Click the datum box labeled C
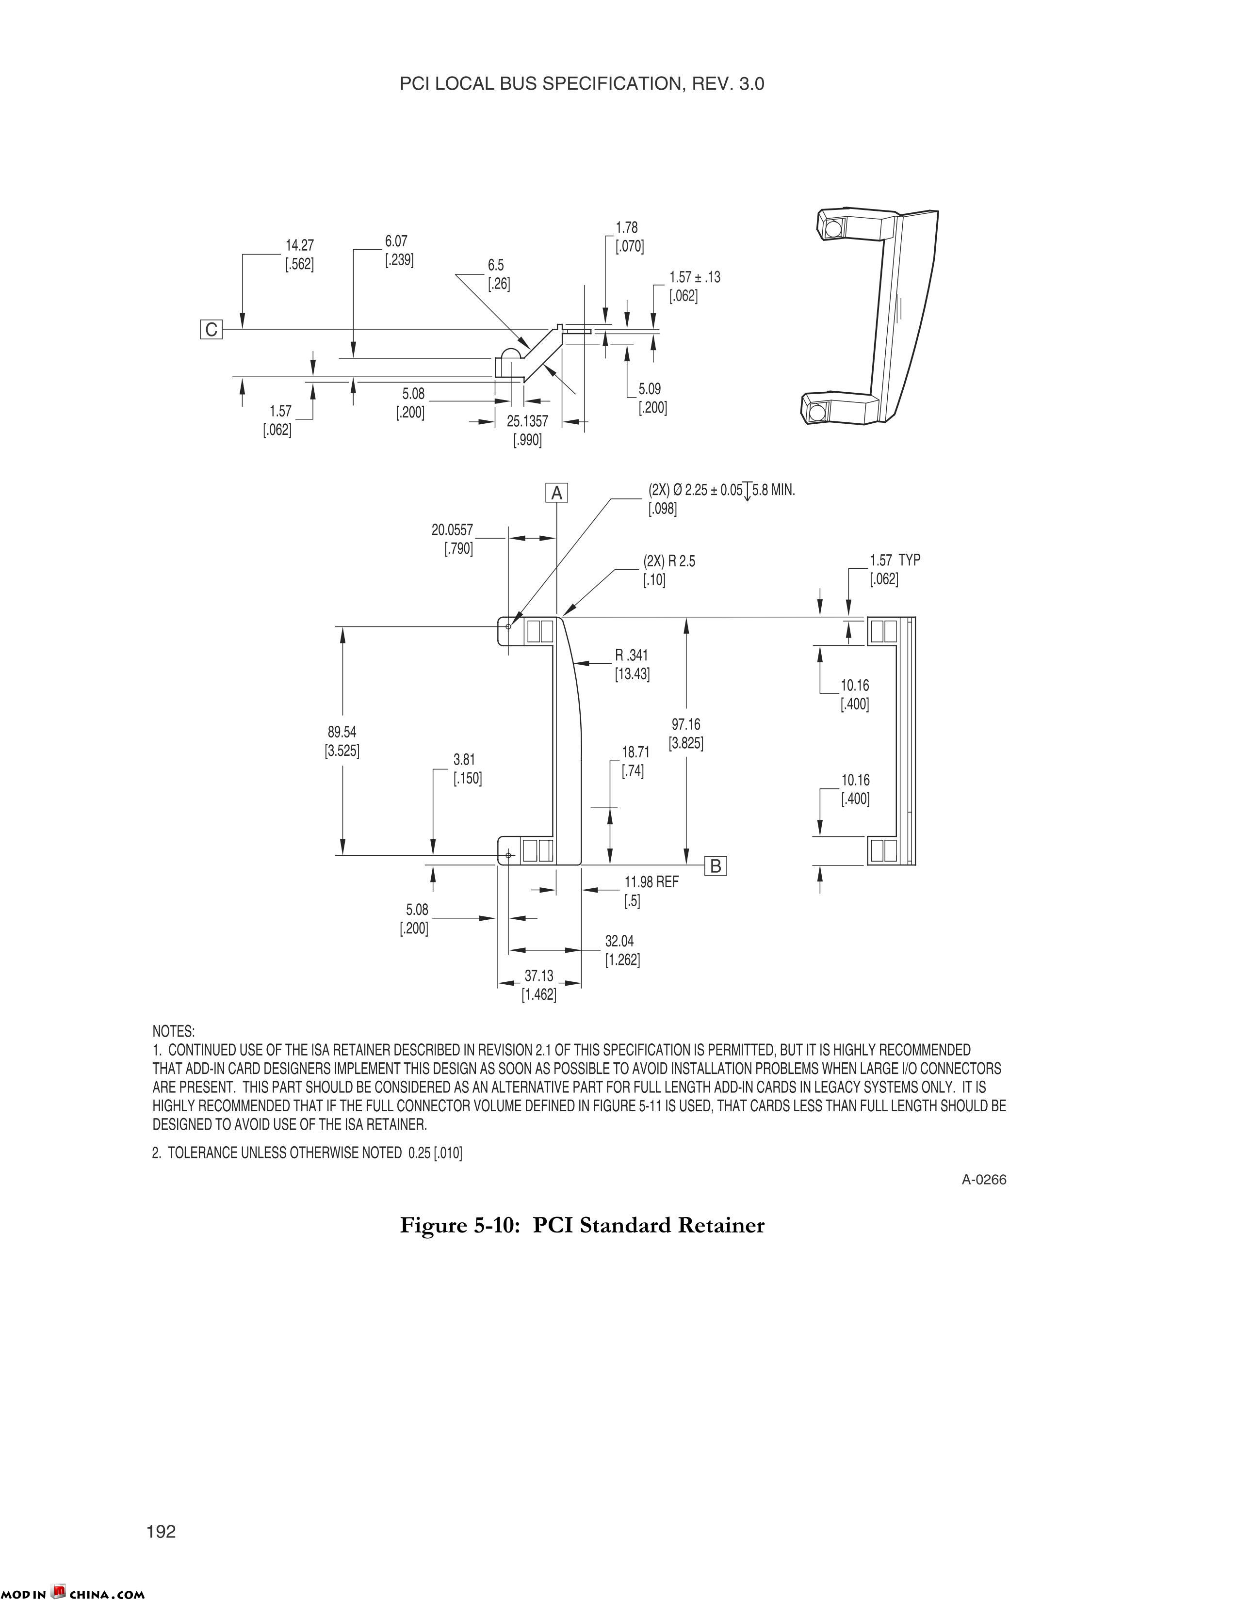tap(211, 330)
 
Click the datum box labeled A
tap(557, 494)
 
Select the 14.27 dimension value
tap(300, 245)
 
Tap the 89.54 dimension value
tap(342, 732)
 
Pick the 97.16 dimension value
tap(686, 724)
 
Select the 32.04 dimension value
tap(619, 941)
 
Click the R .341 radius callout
tap(632, 655)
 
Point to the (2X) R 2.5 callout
tap(669, 561)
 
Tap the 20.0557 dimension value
tap(452, 529)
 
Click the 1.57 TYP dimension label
tap(895, 560)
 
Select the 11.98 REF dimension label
tap(651, 882)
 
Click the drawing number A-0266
tap(984, 1180)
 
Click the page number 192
tap(161, 1532)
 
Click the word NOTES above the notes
tap(174, 1031)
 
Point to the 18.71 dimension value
tap(635, 752)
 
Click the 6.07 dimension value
tap(396, 241)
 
